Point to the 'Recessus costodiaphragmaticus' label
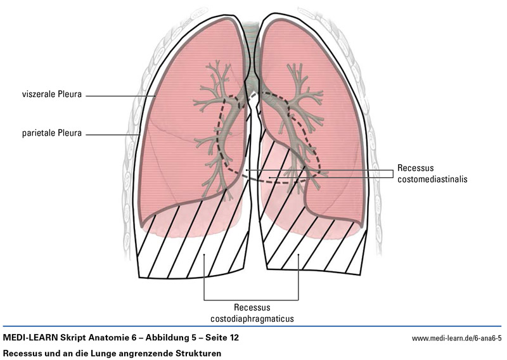251,312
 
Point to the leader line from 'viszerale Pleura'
120,96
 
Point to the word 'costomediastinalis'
432,179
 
